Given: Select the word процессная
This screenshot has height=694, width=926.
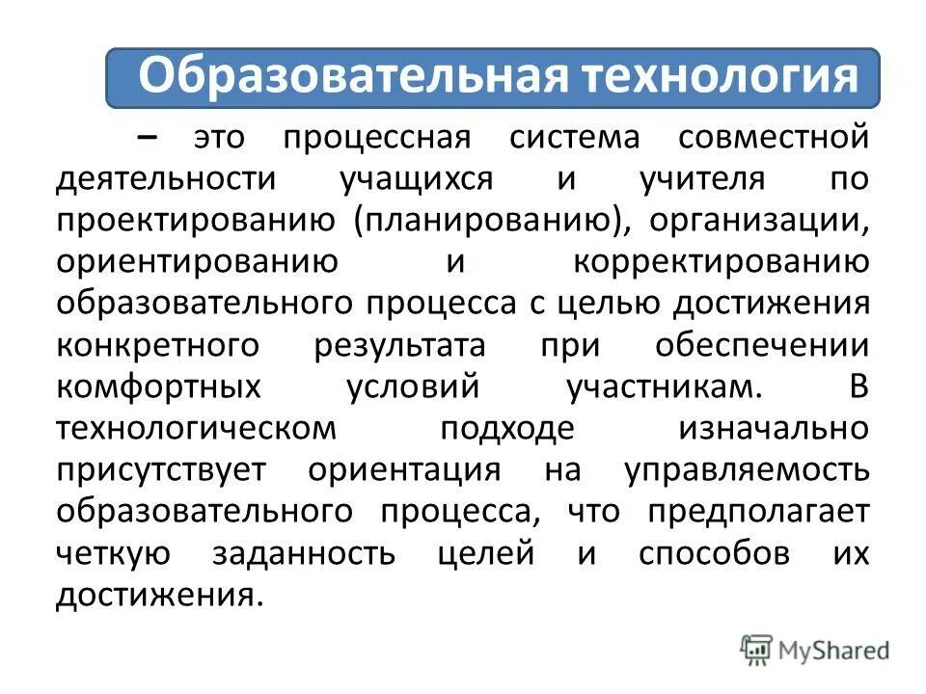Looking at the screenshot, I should [x=376, y=138].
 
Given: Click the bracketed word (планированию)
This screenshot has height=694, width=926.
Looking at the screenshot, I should [x=488, y=221].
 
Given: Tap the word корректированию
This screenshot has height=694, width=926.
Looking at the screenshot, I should [x=721, y=262].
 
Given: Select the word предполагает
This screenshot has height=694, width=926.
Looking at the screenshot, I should [x=758, y=512].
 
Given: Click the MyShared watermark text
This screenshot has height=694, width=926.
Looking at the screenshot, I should [x=834, y=651].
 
